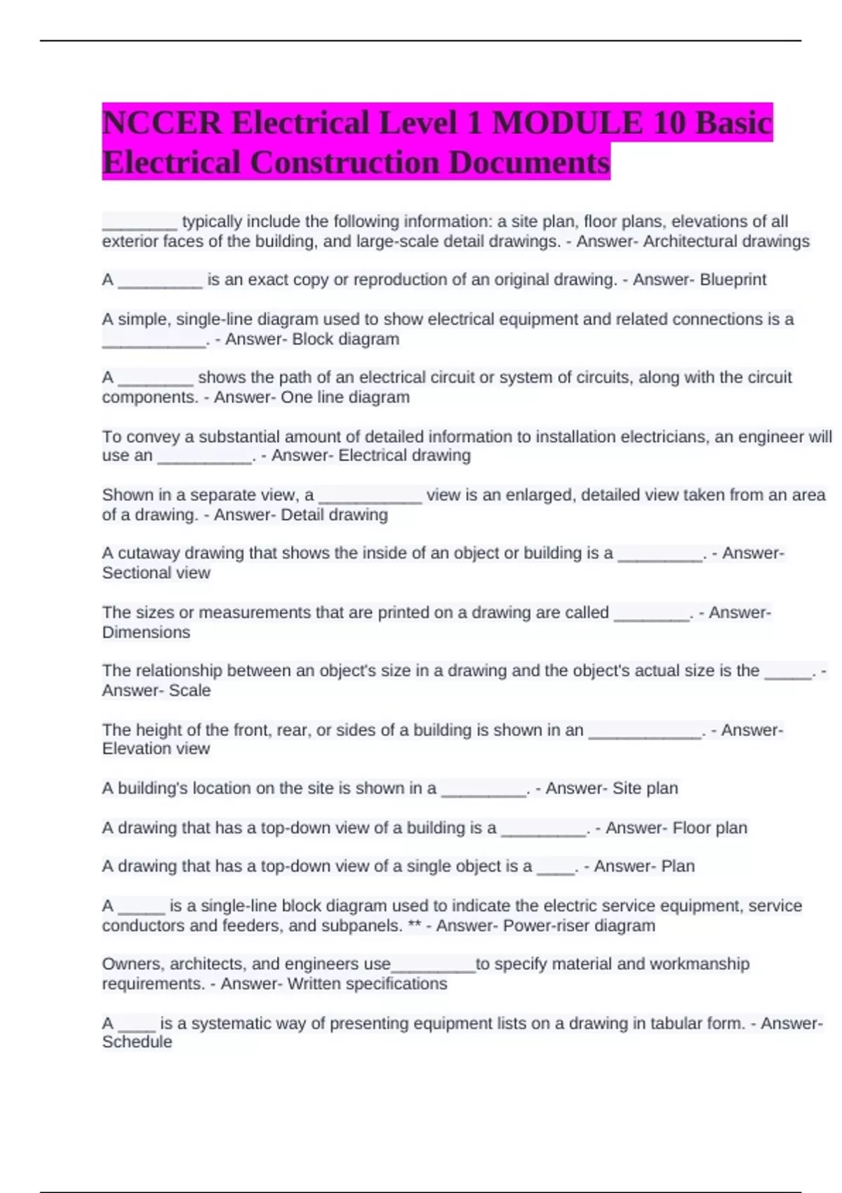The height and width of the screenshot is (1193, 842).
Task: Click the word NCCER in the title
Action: point(162,124)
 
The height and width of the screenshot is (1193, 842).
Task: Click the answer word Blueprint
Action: point(733,280)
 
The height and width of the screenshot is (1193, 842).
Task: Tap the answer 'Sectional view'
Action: point(156,573)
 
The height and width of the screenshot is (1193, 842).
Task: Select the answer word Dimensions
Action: point(146,632)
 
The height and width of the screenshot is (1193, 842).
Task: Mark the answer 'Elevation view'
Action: point(156,749)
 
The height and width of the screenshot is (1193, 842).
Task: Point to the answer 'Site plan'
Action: point(645,789)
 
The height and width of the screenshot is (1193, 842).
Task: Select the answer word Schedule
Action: point(137,1042)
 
